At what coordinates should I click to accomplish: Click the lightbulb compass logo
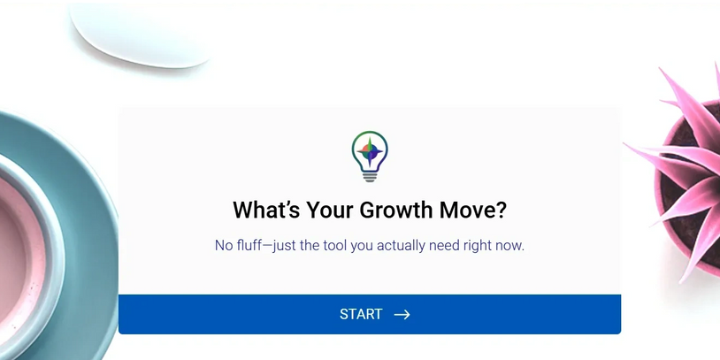370,157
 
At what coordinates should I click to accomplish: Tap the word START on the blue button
361,314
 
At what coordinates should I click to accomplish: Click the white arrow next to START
402,315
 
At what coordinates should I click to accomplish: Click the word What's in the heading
266,210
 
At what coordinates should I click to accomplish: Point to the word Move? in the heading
473,210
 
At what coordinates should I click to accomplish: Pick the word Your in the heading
330,210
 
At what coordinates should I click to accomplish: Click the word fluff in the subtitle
249,245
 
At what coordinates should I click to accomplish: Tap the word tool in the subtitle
334,245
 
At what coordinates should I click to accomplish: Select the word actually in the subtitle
401,246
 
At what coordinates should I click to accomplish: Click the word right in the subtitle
474,246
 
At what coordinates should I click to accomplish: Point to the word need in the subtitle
442,245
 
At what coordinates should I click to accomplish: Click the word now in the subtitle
508,246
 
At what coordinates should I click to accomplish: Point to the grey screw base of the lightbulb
370,176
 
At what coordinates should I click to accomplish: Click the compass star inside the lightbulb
370,151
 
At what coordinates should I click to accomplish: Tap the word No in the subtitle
224,245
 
